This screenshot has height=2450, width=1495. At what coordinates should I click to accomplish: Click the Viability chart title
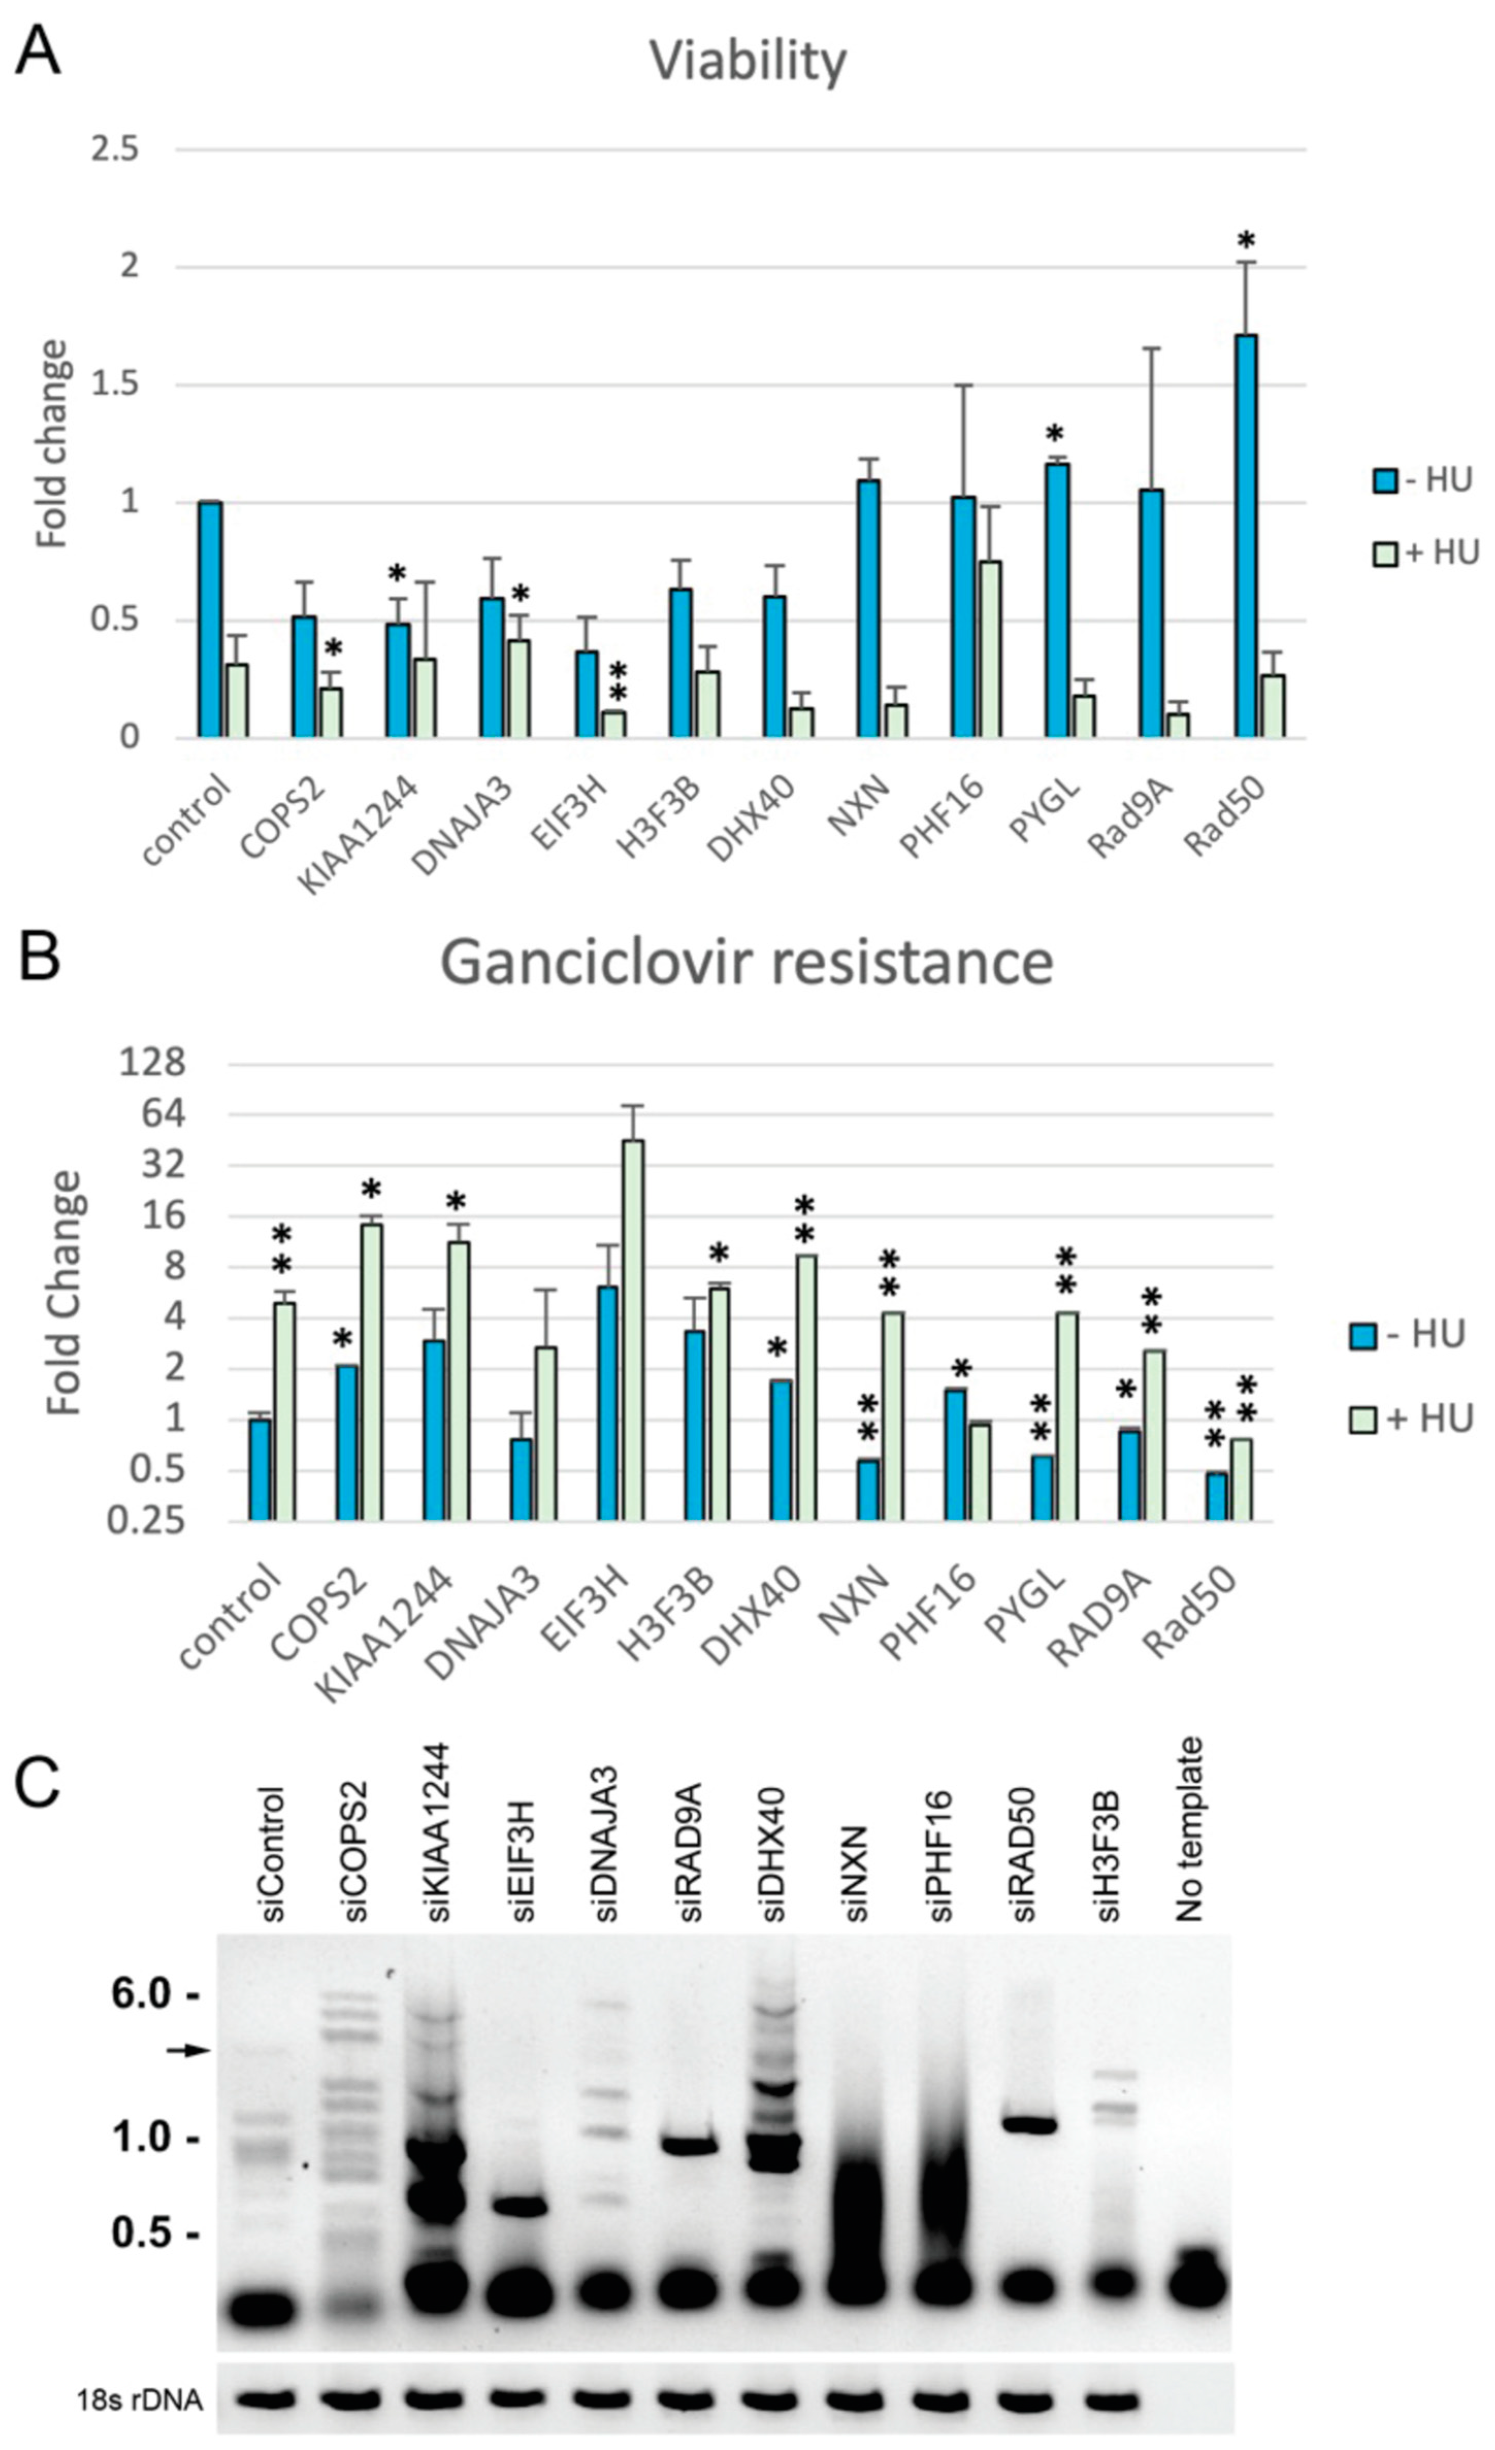pyautogui.click(x=748, y=62)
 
